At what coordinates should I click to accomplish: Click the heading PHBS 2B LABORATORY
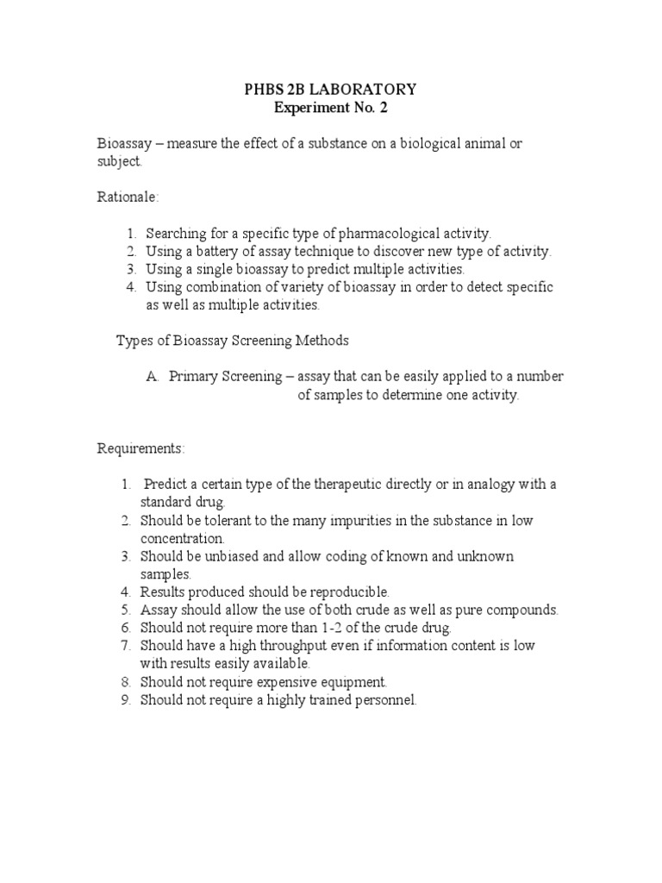click(x=331, y=89)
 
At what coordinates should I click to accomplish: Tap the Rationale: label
click(x=128, y=197)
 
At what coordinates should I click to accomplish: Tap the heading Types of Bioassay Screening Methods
click(x=233, y=341)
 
